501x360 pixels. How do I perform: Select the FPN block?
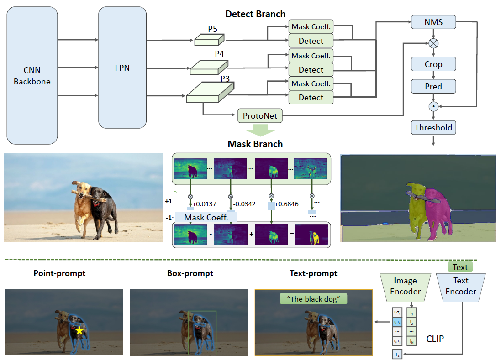point(123,68)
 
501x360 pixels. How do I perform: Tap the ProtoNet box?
point(260,116)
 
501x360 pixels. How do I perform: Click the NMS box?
point(433,21)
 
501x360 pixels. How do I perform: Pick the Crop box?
point(433,64)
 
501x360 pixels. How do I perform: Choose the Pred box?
point(433,86)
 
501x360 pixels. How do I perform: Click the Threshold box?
point(433,128)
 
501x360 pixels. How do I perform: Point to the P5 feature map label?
point(213,29)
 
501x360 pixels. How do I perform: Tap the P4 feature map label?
point(219,54)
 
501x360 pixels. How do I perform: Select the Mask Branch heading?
point(255,144)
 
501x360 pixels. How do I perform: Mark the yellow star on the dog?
point(79,330)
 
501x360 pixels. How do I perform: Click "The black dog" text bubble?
point(313,299)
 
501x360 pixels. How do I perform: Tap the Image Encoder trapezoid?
point(405,287)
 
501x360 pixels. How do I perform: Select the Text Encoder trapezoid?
point(460,287)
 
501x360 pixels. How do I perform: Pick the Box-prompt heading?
point(190,274)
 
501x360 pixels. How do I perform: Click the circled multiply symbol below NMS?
point(433,43)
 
